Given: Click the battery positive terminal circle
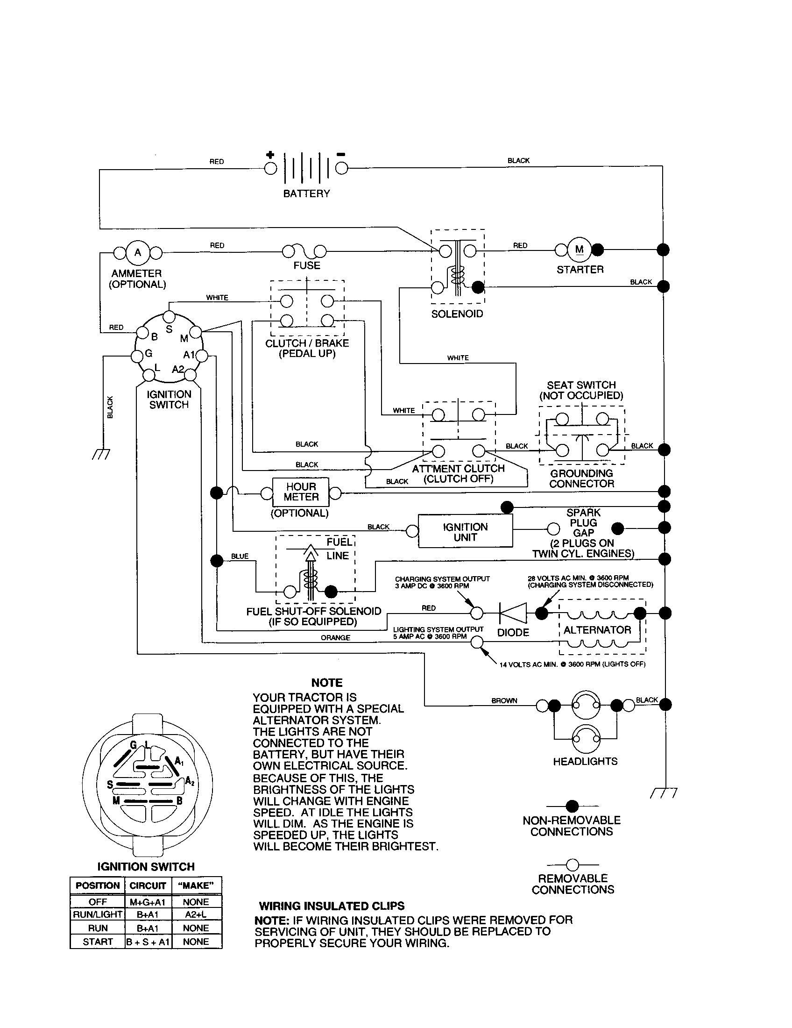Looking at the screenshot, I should coord(270,169).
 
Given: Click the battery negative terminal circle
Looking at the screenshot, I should coord(341,169).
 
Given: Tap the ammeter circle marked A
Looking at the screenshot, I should coord(138,253).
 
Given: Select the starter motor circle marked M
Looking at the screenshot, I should coord(580,250).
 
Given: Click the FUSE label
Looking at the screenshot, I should coord(307,265).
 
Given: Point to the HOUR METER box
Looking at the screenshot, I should coord(301,492).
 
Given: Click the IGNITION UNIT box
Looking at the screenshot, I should coord(465,532).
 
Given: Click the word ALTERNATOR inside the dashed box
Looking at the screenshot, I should coord(597,630).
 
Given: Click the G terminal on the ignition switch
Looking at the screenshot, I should coord(137,356).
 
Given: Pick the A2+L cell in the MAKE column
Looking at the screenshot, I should coord(196,914).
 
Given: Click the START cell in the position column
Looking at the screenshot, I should coord(98,942).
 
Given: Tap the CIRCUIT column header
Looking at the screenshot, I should coord(148,885).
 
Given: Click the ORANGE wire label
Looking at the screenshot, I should coord(335,638).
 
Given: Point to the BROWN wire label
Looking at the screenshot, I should coord(504,700).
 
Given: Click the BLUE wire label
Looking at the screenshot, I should coord(240,556).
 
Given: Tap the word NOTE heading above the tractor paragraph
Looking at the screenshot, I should coord(327,683).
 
